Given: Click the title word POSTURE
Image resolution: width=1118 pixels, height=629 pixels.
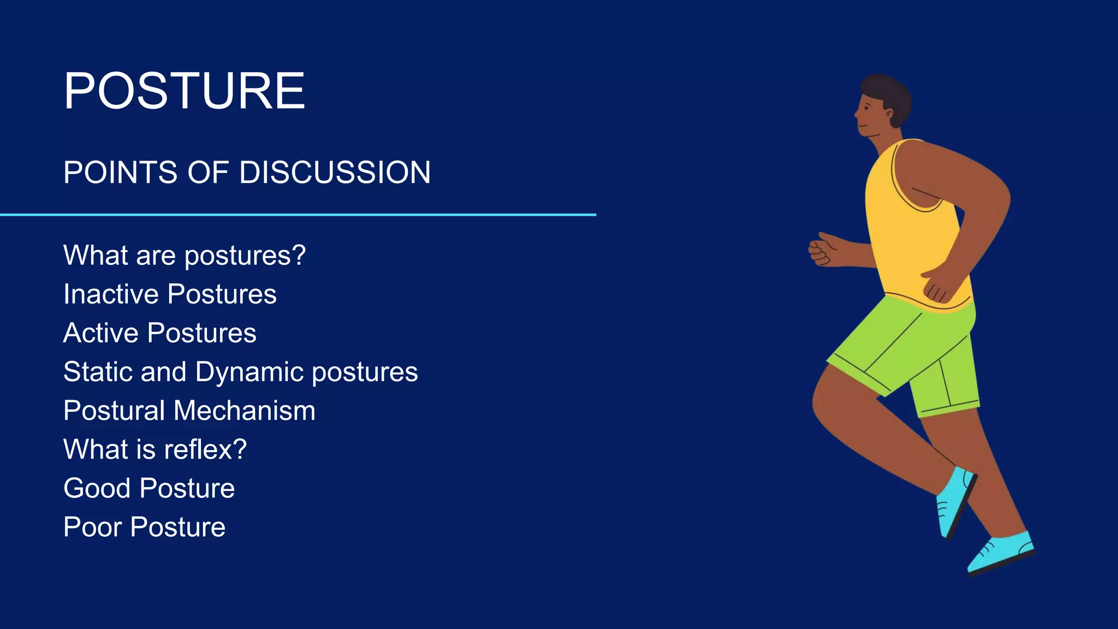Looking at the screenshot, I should tap(184, 91).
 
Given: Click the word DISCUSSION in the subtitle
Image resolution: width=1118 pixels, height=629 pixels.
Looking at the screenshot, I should tap(335, 173).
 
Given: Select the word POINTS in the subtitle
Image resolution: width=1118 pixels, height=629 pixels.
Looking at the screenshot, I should tap(121, 173).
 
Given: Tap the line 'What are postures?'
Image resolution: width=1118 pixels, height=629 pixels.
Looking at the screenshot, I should tap(184, 255).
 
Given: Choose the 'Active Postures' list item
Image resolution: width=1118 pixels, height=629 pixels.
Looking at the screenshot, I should tap(159, 333).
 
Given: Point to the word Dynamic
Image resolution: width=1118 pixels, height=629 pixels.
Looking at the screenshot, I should tap(249, 372).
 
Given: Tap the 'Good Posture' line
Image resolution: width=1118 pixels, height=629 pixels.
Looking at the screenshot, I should tap(148, 488).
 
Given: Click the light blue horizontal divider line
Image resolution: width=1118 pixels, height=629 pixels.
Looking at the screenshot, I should tap(298, 215).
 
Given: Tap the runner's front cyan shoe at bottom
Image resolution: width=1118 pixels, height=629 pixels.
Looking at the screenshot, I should tap(1000, 553).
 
